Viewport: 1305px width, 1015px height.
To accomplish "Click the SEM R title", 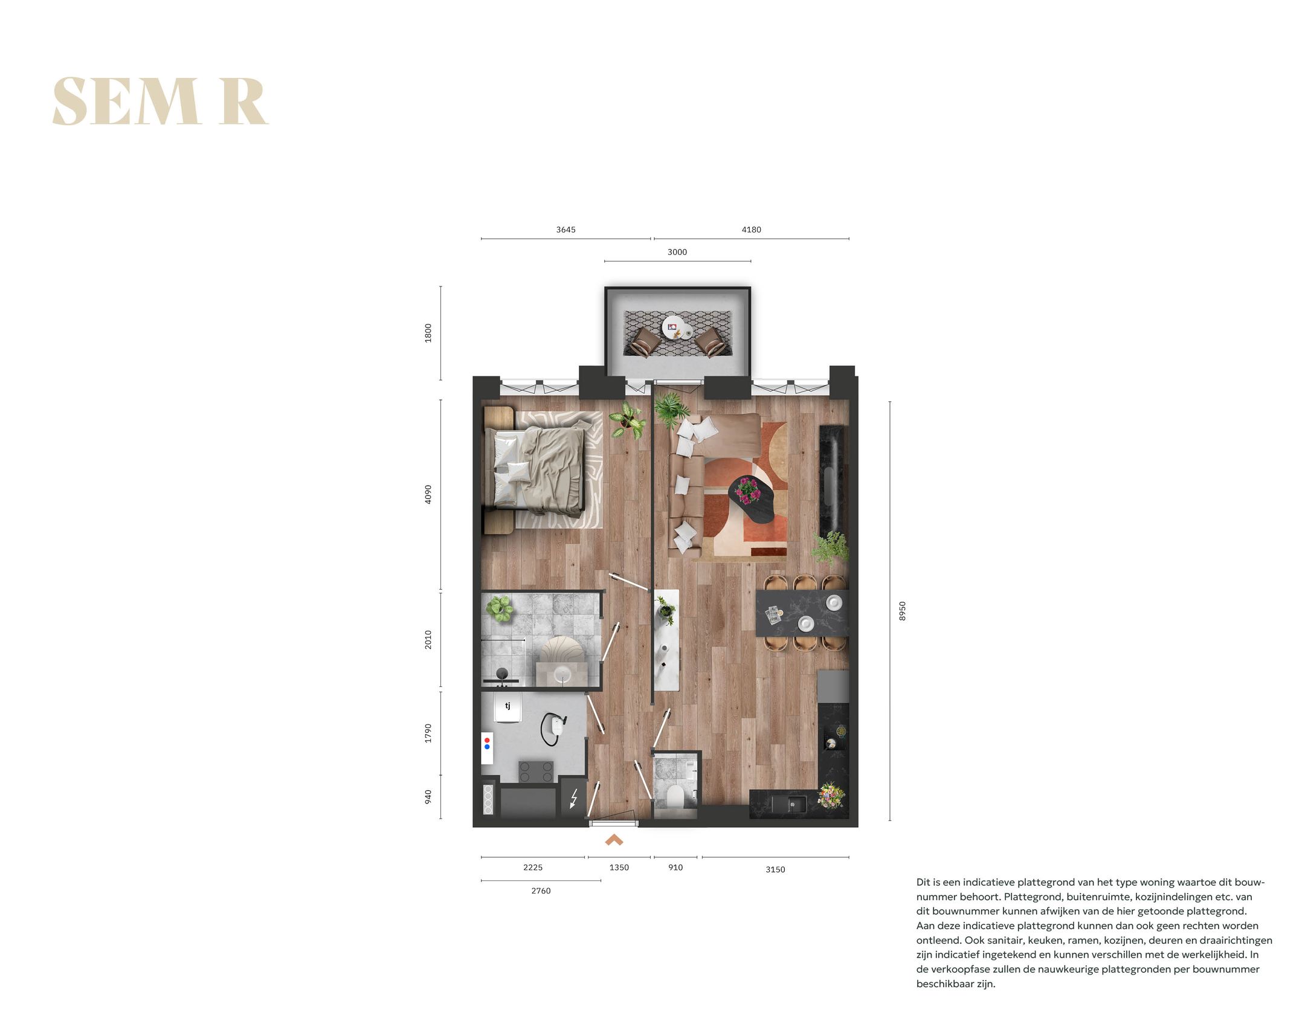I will pyautogui.click(x=160, y=101).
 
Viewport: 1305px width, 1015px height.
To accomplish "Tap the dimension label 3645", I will pyautogui.click(x=565, y=230).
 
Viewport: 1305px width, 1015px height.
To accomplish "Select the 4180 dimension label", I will pyautogui.click(x=751, y=230).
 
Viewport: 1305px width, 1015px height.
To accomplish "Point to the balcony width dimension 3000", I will pyautogui.click(x=677, y=252).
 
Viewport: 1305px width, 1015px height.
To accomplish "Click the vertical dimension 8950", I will pyautogui.click(x=902, y=611).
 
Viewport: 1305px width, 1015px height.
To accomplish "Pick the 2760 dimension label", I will pyautogui.click(x=541, y=891).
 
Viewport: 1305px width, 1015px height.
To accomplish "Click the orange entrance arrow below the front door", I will pyautogui.click(x=614, y=840).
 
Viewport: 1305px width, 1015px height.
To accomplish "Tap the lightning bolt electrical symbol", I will pyautogui.click(x=573, y=799).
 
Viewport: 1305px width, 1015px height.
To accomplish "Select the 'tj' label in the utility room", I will pyautogui.click(x=507, y=705).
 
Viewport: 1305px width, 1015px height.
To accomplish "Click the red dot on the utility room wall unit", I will pyautogui.click(x=487, y=740).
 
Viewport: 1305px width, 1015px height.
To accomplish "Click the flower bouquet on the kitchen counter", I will pyautogui.click(x=831, y=794).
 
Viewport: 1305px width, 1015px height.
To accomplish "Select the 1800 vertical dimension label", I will pyautogui.click(x=428, y=333).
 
